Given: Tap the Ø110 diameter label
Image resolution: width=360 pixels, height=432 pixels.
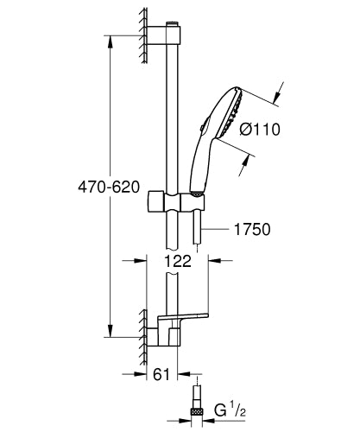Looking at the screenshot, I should (258, 130).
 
